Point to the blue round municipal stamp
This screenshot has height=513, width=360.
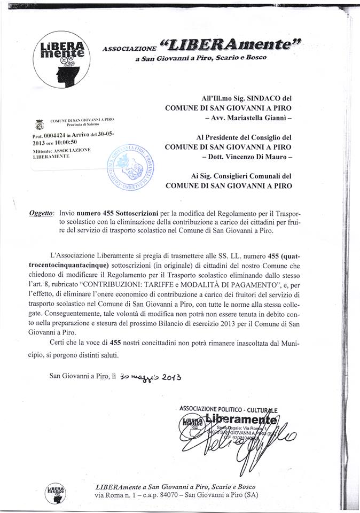click(x=130, y=167)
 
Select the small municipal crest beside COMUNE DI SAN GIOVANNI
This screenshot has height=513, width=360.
click(x=39, y=125)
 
